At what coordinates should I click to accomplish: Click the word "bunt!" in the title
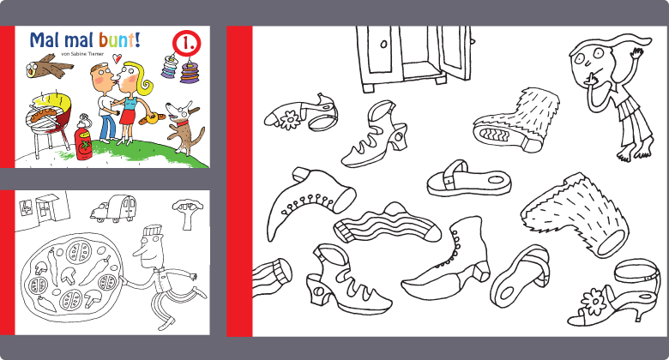(119, 39)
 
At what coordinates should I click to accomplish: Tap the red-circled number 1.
(186, 43)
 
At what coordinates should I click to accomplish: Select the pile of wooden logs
(49, 66)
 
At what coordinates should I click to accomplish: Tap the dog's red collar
(183, 123)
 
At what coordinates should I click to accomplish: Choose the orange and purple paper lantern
(188, 72)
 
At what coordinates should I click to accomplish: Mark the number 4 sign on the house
(24, 207)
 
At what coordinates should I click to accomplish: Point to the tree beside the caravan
(187, 213)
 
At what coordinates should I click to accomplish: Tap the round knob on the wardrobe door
(383, 44)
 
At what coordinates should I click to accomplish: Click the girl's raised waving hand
(636, 54)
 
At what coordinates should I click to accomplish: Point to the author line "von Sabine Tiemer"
(83, 54)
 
